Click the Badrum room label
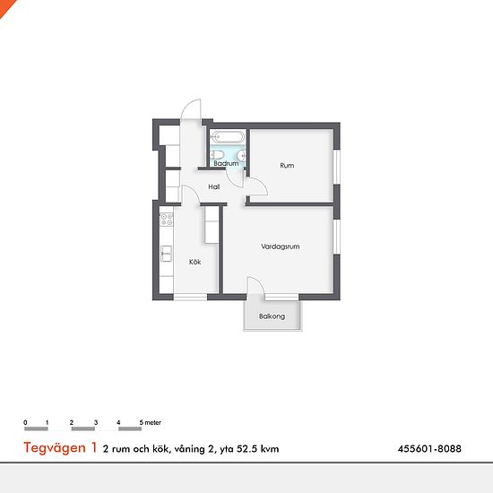[226, 163]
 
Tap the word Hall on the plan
[214, 186]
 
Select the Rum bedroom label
[287, 166]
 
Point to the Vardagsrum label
[281, 246]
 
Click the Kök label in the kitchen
[195, 262]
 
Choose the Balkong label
[272, 316]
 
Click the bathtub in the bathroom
[228, 137]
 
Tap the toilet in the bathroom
[217, 155]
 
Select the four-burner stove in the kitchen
[166, 220]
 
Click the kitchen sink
[166, 254]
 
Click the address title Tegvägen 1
[60, 447]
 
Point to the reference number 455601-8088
[429, 448]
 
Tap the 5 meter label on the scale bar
[151, 422]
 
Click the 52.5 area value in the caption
[246, 449]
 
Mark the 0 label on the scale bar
[25, 422]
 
